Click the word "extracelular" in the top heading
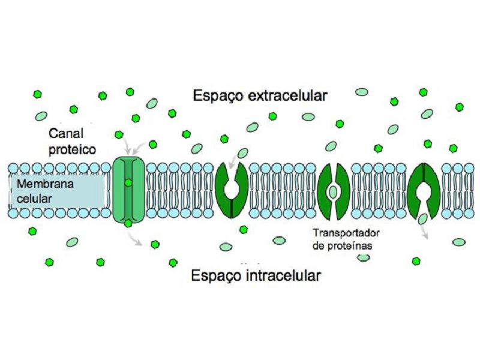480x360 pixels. [287, 95]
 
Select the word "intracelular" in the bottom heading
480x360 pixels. [283, 275]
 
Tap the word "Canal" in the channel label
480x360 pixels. [66, 133]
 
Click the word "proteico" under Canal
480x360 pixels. [72, 149]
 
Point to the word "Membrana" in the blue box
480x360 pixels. [45, 184]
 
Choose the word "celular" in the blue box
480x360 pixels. [34, 199]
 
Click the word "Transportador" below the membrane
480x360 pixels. [346, 233]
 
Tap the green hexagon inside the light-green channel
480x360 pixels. [128, 183]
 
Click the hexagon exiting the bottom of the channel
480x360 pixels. [128, 223]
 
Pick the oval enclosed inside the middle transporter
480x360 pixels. [333, 191]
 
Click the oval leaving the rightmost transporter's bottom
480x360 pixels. [423, 219]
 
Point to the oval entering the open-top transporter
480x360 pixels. [243, 153]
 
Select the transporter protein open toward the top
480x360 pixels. [232, 190]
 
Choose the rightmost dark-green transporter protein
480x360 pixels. [424, 190]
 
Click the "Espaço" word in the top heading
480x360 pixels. [218, 96]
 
